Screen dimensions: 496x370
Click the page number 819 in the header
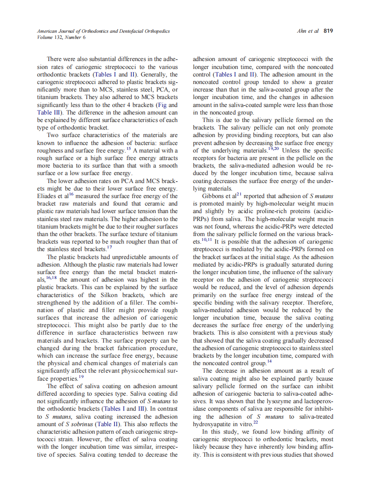pos(328,31)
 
